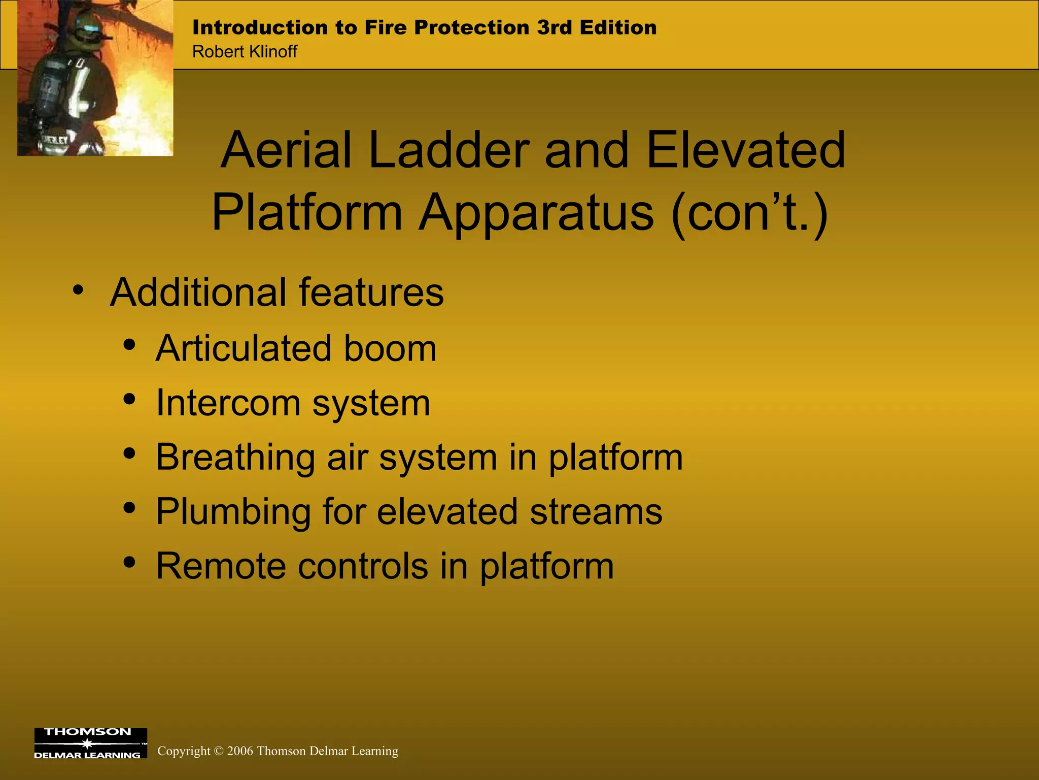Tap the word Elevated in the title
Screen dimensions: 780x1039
pyautogui.click(x=745, y=150)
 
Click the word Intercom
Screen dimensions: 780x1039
pyautogui.click(x=228, y=403)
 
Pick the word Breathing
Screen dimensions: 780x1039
pyautogui.click(x=235, y=458)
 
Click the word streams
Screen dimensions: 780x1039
pyautogui.click(x=596, y=512)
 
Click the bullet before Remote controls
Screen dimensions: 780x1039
pyautogui.click(x=129, y=563)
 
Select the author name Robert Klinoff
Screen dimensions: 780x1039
pyautogui.click(x=245, y=52)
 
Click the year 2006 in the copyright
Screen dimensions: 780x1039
pyautogui.click(x=240, y=751)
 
